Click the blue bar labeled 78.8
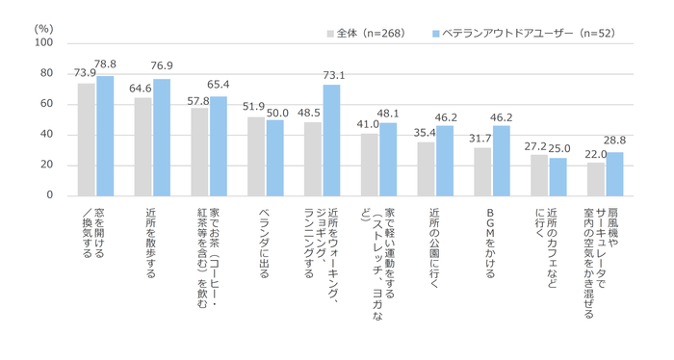[105, 136]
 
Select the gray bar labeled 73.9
[87, 140]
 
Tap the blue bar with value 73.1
[331, 141]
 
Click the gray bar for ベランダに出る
[256, 156]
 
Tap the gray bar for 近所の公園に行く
[426, 168]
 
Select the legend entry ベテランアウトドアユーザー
[520, 34]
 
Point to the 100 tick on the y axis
[43, 43]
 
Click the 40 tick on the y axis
[46, 135]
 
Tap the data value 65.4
[219, 86]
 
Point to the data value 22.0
[596, 153]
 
